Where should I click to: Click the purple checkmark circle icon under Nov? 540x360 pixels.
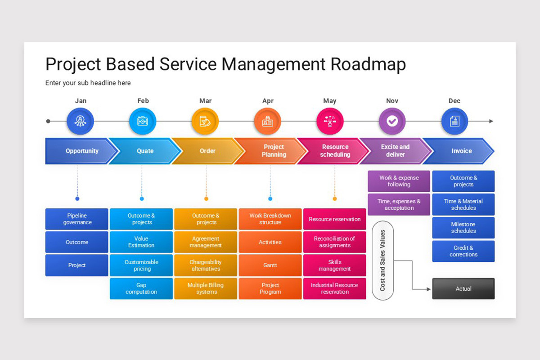coord(392,121)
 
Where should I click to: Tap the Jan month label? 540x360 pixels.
coord(81,101)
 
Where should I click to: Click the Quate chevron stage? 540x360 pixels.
coord(145,151)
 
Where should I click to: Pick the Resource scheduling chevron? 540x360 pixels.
coord(335,151)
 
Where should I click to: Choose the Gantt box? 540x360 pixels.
coord(270,265)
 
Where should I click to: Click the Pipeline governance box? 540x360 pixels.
coord(77,219)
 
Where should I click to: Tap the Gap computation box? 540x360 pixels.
coord(141,288)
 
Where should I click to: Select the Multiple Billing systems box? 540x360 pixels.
coord(206,288)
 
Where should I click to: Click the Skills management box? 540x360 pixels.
coord(334,265)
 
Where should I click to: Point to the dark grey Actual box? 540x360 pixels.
coord(463,288)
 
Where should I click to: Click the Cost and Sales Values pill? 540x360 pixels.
coord(382,260)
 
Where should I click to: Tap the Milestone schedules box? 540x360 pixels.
coord(463,228)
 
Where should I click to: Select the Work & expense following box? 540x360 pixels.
coord(399,181)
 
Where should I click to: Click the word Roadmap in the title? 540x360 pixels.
coord(368,64)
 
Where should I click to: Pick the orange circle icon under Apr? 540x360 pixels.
coord(267,121)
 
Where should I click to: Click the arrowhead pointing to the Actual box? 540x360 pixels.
coord(428,289)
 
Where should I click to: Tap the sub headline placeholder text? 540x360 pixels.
coord(88,83)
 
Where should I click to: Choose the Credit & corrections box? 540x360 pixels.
coord(463,251)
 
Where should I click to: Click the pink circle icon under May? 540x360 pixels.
coord(330,121)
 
